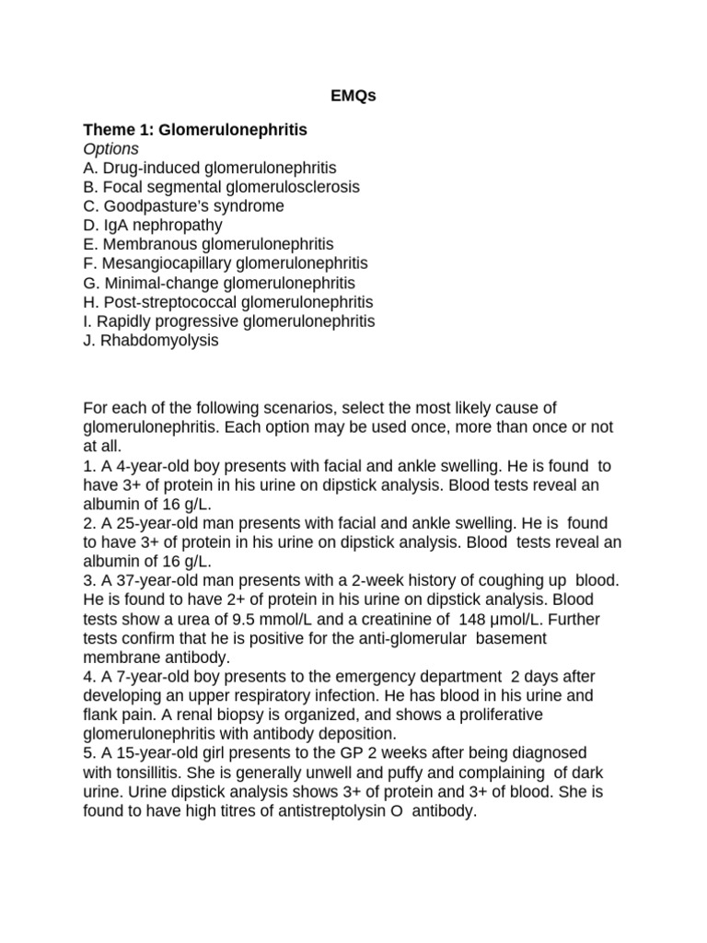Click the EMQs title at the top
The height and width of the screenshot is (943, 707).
point(353,96)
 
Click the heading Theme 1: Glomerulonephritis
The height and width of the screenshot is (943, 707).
point(195,131)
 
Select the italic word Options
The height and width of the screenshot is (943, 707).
point(110,149)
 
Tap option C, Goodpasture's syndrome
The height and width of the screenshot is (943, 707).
point(183,206)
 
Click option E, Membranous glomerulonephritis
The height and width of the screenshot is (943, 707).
point(208,244)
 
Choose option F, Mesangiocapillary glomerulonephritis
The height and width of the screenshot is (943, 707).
point(225,263)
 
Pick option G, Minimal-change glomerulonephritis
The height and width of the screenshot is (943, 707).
point(218,283)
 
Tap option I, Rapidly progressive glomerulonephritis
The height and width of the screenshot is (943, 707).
point(229,321)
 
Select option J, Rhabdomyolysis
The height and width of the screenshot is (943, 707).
point(151,341)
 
